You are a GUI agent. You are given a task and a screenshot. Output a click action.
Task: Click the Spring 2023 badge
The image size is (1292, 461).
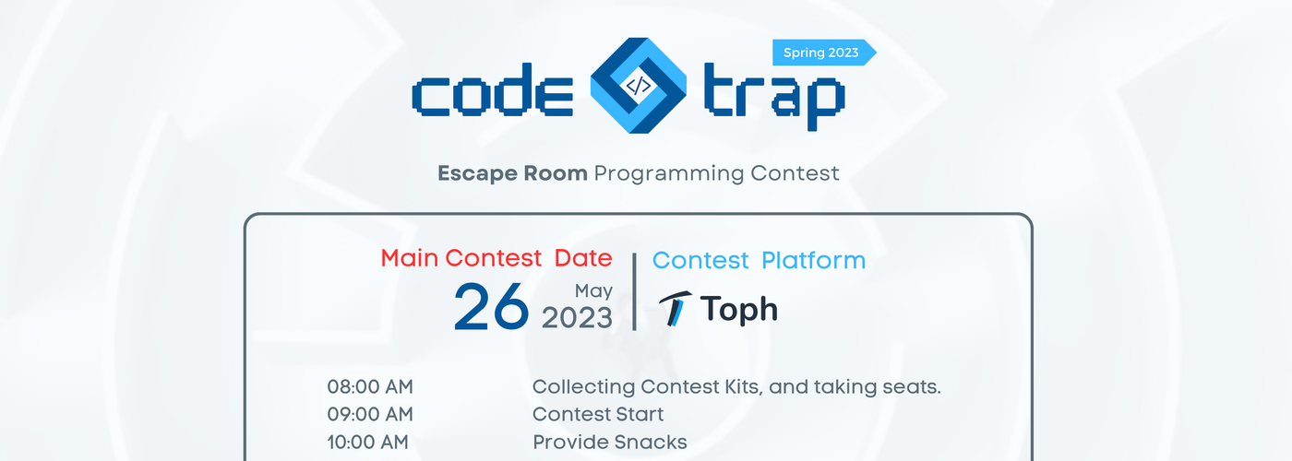(823, 53)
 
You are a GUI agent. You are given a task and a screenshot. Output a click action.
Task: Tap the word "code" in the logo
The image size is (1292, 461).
(493, 90)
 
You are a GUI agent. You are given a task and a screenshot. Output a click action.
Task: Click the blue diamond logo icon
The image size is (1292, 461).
(639, 85)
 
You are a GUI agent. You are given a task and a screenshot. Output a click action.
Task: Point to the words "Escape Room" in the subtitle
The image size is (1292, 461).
(512, 173)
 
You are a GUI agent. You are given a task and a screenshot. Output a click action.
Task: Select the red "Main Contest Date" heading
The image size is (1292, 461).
(496, 258)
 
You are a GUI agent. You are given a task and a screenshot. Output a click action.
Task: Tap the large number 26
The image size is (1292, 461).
(491, 307)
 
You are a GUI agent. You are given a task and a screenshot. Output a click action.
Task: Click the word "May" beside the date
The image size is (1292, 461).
(593, 291)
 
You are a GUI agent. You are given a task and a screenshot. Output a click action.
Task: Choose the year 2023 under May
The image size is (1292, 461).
(577, 318)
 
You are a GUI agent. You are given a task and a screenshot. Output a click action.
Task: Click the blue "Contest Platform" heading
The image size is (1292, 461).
(759, 260)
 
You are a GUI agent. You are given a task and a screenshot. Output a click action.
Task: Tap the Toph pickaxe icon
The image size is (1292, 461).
(675, 309)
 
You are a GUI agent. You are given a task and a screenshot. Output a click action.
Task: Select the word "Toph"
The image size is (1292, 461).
(739, 310)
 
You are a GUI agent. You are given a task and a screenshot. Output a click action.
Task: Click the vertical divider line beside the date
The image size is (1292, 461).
(635, 291)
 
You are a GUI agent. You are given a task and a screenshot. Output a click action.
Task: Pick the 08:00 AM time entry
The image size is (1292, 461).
(370, 386)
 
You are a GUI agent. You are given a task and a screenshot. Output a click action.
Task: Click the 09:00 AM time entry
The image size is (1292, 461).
(370, 414)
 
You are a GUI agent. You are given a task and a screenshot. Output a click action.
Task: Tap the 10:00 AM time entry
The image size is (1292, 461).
(368, 442)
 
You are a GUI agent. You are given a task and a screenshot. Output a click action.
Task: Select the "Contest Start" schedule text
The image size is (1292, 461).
(598, 414)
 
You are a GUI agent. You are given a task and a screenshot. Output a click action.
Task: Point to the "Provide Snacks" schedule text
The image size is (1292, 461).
(610, 442)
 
